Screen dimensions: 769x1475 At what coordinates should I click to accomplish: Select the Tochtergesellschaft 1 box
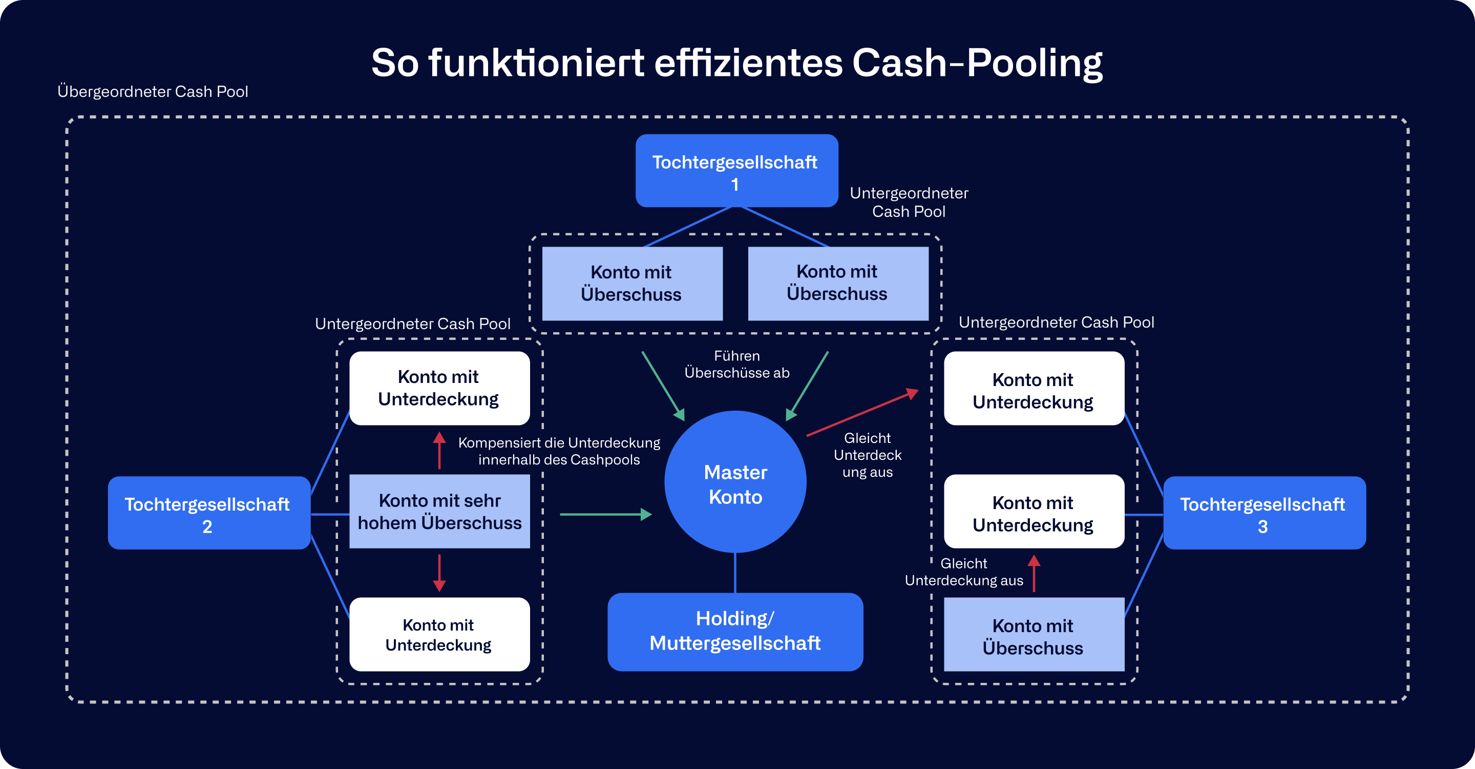click(x=736, y=171)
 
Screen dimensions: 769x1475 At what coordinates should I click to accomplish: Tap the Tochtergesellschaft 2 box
click(x=208, y=513)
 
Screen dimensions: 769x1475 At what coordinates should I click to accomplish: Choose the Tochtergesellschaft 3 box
click(x=1263, y=513)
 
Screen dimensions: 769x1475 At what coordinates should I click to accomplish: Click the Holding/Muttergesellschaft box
click(x=735, y=632)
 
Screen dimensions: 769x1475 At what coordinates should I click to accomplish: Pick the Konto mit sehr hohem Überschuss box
click(x=439, y=511)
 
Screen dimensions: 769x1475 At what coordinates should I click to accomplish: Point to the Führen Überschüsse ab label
click(x=737, y=365)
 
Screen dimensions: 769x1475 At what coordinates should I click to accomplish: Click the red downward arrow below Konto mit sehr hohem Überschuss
click(x=439, y=573)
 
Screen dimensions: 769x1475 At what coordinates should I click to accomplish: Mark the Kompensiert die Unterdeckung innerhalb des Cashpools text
click(x=559, y=451)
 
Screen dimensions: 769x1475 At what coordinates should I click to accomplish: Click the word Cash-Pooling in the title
click(x=977, y=63)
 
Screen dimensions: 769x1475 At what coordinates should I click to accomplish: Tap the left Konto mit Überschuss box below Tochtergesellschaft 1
click(x=631, y=284)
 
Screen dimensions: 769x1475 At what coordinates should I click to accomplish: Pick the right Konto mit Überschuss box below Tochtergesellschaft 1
click(x=838, y=283)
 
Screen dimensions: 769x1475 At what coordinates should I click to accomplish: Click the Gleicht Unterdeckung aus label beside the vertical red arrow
click(x=964, y=572)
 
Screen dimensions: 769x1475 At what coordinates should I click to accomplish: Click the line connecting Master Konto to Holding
click(x=735, y=573)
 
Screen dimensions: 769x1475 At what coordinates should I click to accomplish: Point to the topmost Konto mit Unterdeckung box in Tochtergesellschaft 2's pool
click(x=439, y=388)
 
